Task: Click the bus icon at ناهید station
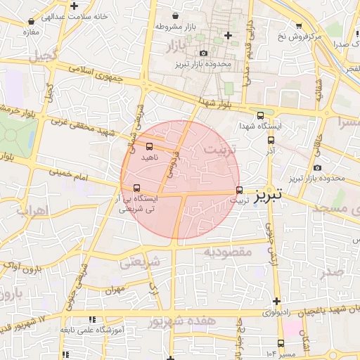tap(148, 146)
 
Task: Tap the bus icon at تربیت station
tap(240, 190)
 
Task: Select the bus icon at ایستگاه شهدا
tap(261, 116)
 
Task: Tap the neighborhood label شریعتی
tap(141, 262)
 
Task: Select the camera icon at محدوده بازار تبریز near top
tap(204, 53)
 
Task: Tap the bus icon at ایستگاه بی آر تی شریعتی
tap(136, 188)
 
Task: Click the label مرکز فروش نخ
tap(318, 34)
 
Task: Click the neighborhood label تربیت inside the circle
tap(220, 149)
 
